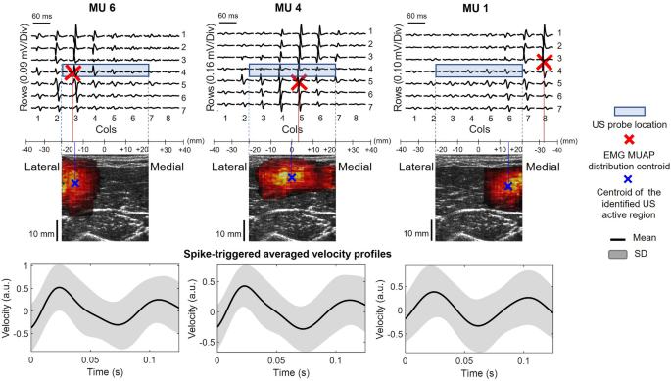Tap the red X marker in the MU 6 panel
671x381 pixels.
pos(73,73)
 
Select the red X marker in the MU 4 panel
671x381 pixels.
pos(300,83)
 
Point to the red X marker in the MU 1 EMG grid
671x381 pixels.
pos(544,63)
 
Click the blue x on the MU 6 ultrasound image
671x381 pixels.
pos(75,183)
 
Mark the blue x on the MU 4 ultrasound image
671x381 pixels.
pos(291,178)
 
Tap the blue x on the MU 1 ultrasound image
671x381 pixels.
pos(507,184)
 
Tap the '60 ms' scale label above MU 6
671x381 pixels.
pos(42,17)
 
